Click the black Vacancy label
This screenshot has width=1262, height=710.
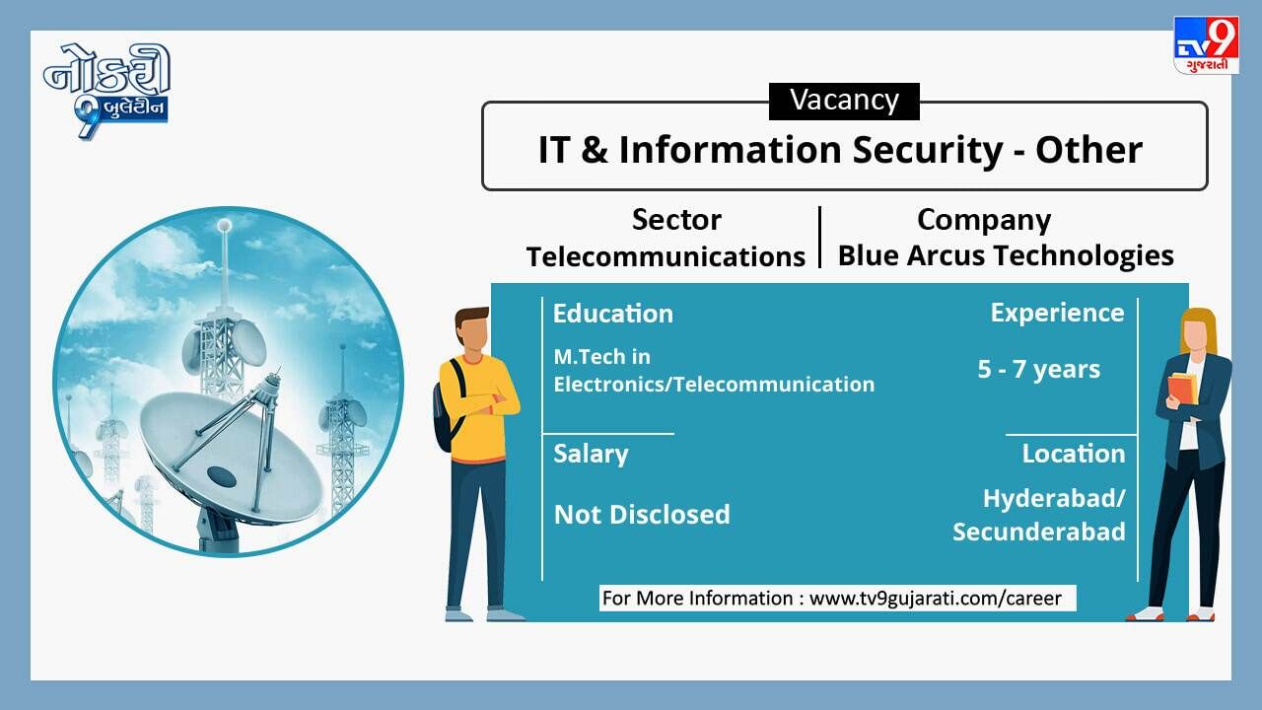click(x=844, y=102)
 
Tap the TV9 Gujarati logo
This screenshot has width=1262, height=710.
click(x=1206, y=45)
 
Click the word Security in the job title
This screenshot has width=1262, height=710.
click(x=928, y=151)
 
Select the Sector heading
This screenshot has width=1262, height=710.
click(x=676, y=219)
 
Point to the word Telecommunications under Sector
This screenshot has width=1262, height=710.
click(x=666, y=257)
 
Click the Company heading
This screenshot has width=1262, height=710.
click(x=984, y=220)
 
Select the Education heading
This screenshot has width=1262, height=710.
click(x=613, y=314)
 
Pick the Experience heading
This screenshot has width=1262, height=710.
click(x=1057, y=314)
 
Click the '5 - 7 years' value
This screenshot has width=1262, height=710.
click(x=1038, y=370)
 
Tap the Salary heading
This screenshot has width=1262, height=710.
click(x=591, y=455)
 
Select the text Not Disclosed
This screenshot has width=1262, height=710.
click(x=642, y=515)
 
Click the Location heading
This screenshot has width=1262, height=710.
click(x=1074, y=454)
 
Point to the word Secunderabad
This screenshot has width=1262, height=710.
click(x=1039, y=532)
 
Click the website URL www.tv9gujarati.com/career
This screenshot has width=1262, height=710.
click(x=936, y=599)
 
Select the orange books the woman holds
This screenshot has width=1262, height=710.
click(x=1182, y=389)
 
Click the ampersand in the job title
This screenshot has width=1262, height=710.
click(x=595, y=151)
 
